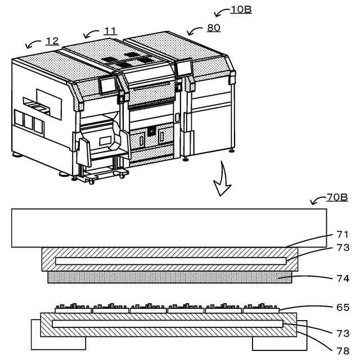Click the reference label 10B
[241, 10]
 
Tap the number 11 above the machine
[110, 31]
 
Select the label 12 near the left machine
[52, 40]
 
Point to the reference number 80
[214, 27]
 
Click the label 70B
[337, 197]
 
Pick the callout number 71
[343, 235]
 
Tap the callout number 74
[343, 278]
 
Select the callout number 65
[343, 307]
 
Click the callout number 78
[343, 350]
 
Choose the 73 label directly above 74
[343, 247]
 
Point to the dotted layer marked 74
[169, 277]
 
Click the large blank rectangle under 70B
[169, 228]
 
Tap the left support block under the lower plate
[56, 342]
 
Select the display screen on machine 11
[107, 85]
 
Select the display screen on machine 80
[183, 68]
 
